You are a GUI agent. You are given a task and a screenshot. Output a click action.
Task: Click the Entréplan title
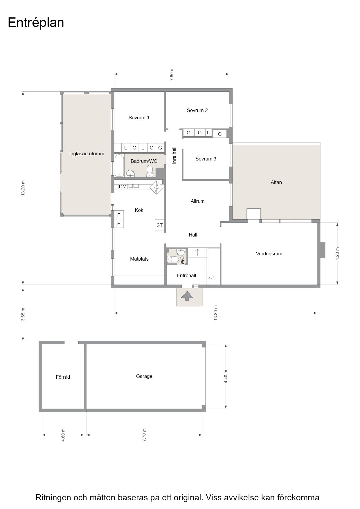[36, 23]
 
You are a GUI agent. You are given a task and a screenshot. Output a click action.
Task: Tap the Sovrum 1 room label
[139, 118]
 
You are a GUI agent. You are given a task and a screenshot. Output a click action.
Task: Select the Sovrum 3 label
[206, 159]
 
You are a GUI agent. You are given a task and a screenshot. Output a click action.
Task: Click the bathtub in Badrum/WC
[119, 165]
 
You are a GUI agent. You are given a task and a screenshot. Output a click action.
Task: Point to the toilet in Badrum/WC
[150, 171]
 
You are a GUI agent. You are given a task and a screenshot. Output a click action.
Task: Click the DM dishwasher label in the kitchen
[123, 187]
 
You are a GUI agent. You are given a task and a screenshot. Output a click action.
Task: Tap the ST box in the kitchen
[160, 225]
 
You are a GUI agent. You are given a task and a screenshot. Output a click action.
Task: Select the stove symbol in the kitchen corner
[156, 188]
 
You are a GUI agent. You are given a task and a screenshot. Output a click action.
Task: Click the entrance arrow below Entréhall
[187, 295]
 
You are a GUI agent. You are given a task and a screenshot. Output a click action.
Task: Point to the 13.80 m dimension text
[215, 313]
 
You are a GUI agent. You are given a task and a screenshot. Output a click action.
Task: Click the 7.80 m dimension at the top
[172, 74]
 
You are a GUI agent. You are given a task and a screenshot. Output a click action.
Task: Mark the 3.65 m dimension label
[23, 314]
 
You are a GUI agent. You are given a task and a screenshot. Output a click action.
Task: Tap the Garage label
[144, 376]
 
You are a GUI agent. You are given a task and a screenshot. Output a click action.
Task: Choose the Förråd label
[63, 377]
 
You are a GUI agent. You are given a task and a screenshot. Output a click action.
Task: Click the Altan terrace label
[276, 182]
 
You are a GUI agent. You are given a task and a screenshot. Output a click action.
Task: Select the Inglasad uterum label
[87, 154]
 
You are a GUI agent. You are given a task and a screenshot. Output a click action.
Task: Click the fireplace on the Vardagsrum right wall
[322, 250]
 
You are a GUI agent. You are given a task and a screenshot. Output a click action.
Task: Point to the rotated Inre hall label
[174, 155]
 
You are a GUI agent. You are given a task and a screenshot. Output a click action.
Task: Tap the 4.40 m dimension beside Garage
[226, 377]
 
